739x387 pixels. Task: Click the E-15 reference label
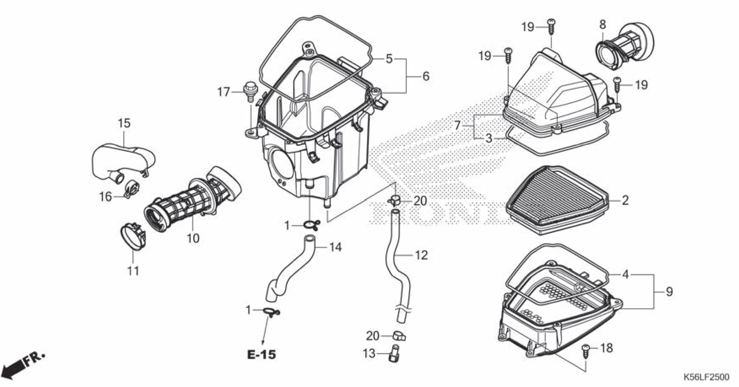click(262, 355)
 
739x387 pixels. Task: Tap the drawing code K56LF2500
click(706, 377)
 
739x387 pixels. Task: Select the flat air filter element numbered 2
click(557, 199)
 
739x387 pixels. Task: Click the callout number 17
click(223, 92)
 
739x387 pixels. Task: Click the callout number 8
click(602, 25)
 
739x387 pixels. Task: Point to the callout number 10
click(193, 238)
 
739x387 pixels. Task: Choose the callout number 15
click(124, 123)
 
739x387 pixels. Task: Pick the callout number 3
click(488, 138)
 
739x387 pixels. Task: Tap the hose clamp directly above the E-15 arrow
click(271, 311)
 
